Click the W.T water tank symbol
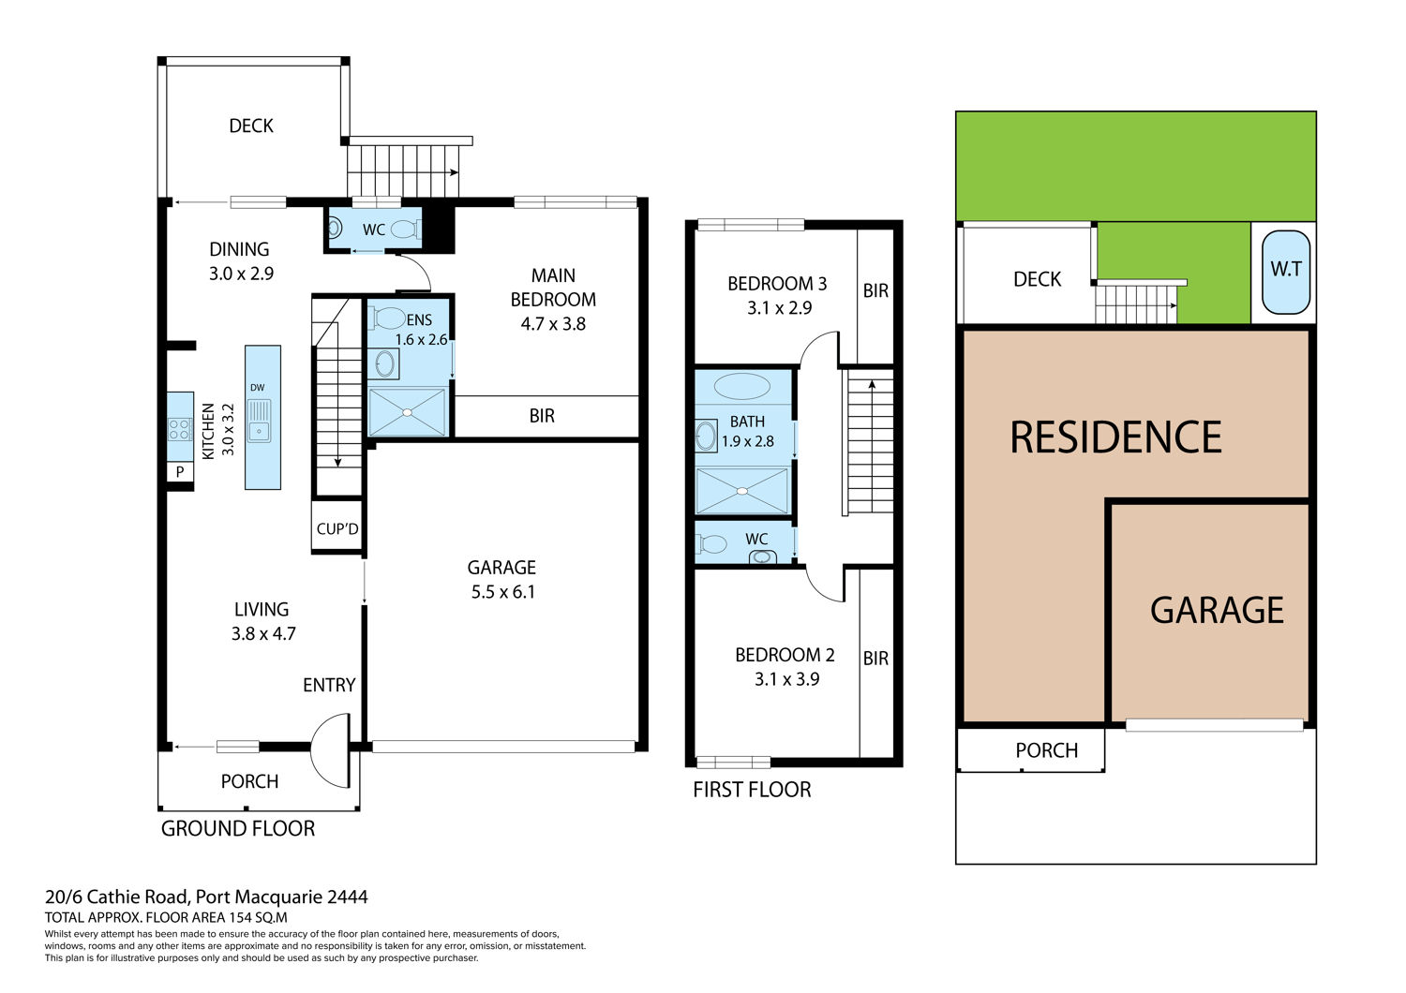1285,272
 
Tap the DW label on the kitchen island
258,388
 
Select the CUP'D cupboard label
337,528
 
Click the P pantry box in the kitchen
180,472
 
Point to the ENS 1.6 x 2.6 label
421,330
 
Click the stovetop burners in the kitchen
180,430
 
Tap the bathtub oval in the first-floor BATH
742,386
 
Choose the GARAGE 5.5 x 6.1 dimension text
502,580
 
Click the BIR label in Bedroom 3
875,291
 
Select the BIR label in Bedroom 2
875,658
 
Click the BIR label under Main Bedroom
542,416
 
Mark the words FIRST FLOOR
752,789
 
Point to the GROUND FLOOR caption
238,829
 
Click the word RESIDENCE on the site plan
1116,437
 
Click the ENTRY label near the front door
329,685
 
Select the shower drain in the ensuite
408,412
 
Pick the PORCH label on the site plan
1046,750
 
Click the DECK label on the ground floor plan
251,126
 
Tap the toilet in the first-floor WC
711,543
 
